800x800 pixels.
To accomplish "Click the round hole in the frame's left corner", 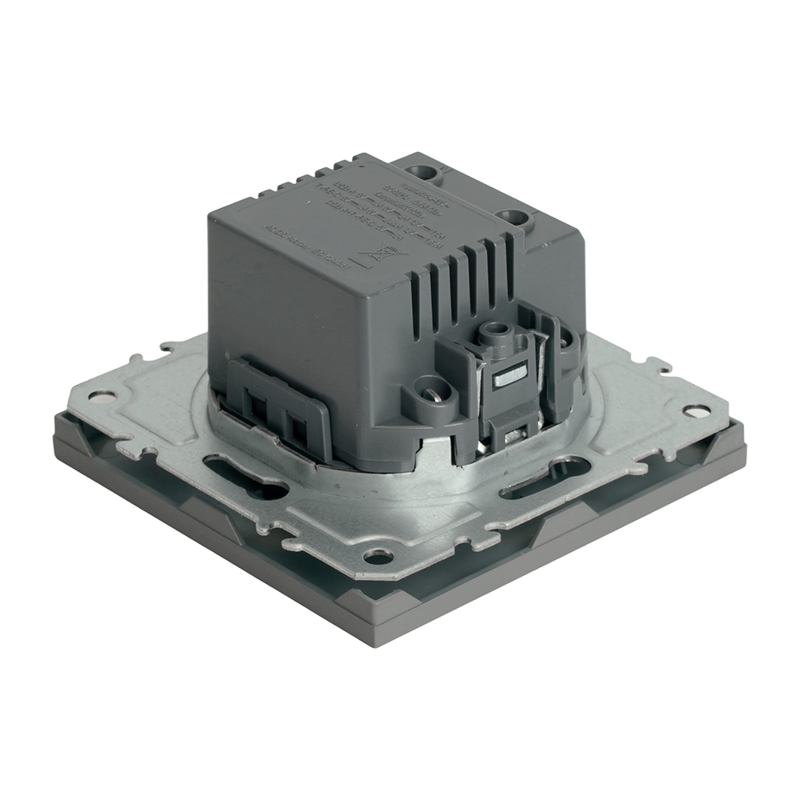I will (102, 395).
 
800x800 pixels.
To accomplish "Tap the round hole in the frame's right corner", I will (695, 411).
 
